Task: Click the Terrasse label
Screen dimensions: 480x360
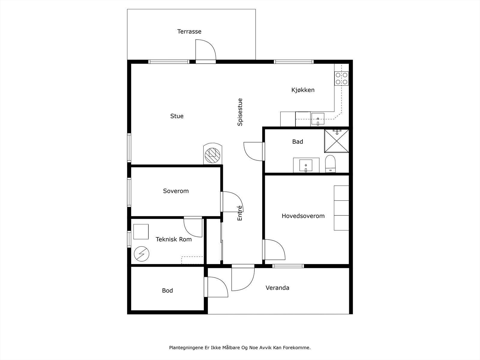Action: click(189, 31)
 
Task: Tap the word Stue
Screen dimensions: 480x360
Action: click(177, 116)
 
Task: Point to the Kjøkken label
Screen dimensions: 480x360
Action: click(303, 90)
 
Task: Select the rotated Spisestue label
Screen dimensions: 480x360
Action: click(240, 112)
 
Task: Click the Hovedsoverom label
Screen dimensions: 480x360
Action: click(303, 216)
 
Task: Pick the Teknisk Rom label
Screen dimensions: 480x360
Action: click(174, 239)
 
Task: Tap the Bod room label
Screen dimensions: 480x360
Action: click(167, 290)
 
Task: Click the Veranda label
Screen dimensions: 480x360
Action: click(277, 288)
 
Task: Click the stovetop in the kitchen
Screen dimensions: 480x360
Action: click(341, 79)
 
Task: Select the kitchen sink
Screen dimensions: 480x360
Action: click(318, 119)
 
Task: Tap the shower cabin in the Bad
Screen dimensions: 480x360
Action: click(337, 141)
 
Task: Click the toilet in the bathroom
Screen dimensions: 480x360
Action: click(330, 164)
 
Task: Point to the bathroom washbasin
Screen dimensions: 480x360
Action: click(306, 166)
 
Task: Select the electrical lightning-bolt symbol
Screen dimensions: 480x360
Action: click(142, 254)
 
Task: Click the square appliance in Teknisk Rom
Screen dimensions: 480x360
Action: click(141, 232)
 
